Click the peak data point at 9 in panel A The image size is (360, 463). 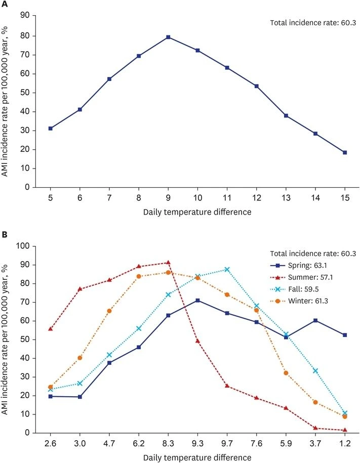(x=168, y=37)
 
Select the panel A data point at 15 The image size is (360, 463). (x=345, y=152)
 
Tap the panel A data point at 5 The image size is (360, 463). (x=50, y=129)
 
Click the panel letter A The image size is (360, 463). (x=5, y=5)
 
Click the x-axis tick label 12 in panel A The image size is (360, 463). (x=256, y=198)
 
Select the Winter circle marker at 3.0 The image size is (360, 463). (x=79, y=358)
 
